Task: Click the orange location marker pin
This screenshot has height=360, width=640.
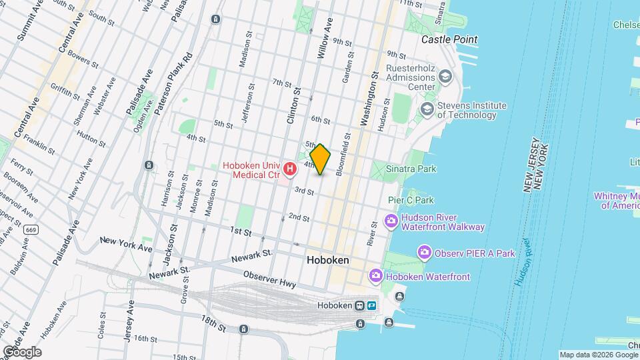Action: point(321,159)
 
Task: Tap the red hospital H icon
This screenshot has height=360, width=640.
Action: point(289,169)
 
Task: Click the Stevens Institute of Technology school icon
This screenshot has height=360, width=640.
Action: point(426,109)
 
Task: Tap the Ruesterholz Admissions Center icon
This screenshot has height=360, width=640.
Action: point(445,78)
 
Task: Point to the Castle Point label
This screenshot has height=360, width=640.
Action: point(449,40)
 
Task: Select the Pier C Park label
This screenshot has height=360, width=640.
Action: point(411,200)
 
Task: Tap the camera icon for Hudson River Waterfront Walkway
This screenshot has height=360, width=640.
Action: point(391,221)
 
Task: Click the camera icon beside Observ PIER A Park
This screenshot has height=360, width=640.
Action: point(423,253)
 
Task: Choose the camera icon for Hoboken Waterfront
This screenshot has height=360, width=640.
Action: point(376,275)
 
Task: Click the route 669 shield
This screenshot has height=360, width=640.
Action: point(31,229)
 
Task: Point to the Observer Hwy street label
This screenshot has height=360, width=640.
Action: point(270,279)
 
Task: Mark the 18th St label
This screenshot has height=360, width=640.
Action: point(214,324)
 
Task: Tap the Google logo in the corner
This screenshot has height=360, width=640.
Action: point(21,352)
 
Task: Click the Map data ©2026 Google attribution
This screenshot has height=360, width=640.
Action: point(598,355)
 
